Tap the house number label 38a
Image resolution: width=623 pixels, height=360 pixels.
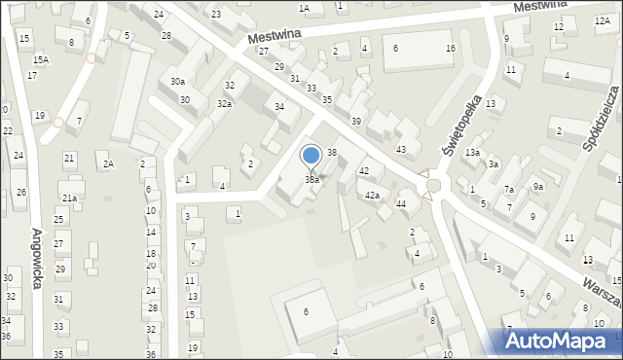click(x=311, y=180)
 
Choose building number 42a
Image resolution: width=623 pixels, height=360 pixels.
click(x=372, y=196)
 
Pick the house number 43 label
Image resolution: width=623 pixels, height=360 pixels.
click(x=400, y=149)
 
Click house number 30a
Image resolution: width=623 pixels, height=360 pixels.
click(x=177, y=82)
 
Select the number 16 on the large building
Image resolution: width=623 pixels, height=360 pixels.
click(x=450, y=49)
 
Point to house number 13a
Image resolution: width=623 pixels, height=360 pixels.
click(x=472, y=153)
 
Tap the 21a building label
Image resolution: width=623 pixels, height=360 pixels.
click(x=70, y=198)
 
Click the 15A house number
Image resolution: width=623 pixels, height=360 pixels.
click(x=40, y=59)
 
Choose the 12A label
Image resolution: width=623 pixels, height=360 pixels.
click(x=602, y=20)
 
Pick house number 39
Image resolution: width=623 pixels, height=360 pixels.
click(x=356, y=121)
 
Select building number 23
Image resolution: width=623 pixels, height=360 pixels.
click(x=215, y=14)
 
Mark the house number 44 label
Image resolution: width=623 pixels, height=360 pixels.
click(x=400, y=203)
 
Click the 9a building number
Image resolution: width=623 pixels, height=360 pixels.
click(x=537, y=186)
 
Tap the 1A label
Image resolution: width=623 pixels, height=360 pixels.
click(x=304, y=9)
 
